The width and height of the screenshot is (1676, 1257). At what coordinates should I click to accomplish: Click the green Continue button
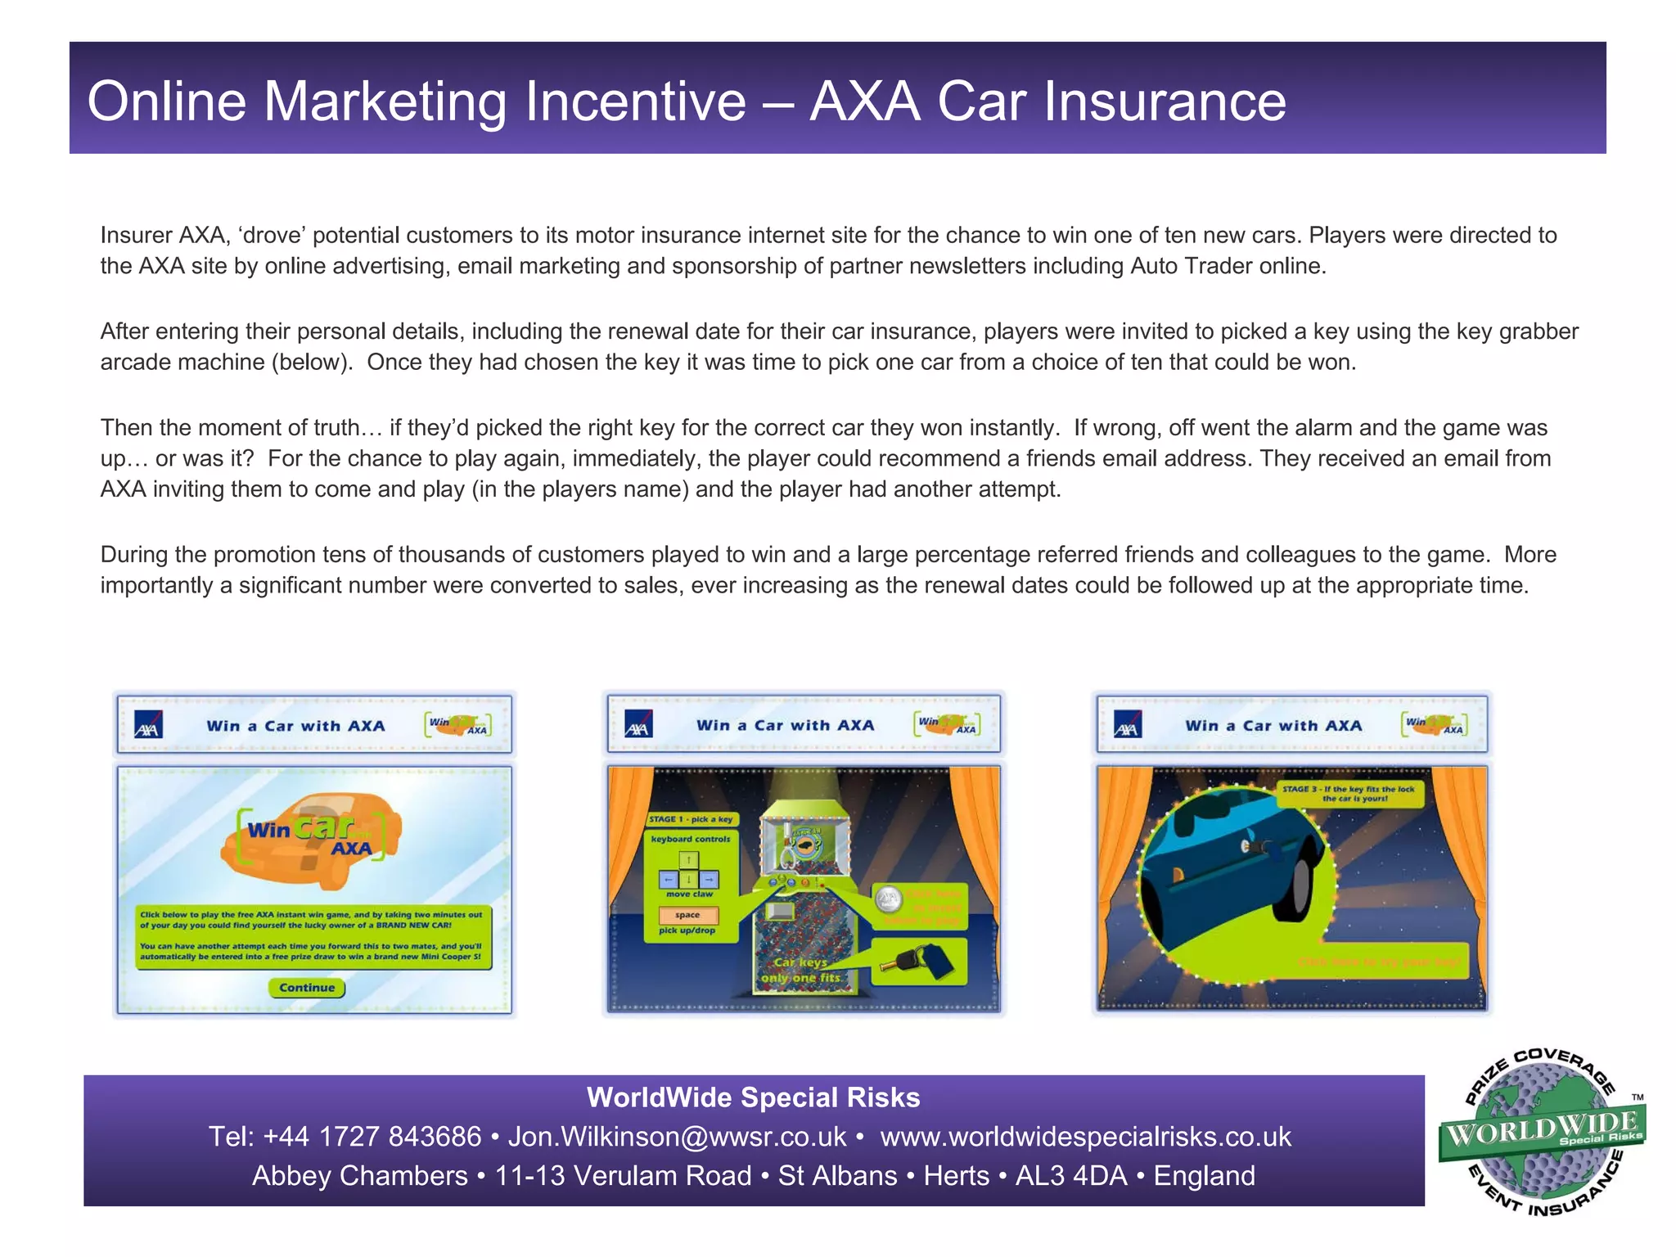[x=307, y=988]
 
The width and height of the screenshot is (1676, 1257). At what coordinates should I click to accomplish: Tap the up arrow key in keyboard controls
[x=689, y=860]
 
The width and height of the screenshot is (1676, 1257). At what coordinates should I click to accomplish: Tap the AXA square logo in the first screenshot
[x=148, y=725]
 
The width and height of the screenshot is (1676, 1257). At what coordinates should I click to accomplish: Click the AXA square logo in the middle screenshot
[x=638, y=724]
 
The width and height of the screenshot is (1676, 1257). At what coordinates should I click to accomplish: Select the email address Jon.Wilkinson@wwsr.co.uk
[x=677, y=1137]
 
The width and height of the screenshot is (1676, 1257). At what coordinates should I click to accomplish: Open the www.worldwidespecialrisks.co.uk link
[x=1085, y=1137]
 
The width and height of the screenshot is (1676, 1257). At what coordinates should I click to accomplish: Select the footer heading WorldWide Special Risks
[x=753, y=1097]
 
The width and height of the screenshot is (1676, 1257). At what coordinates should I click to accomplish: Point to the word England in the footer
[x=1204, y=1176]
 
